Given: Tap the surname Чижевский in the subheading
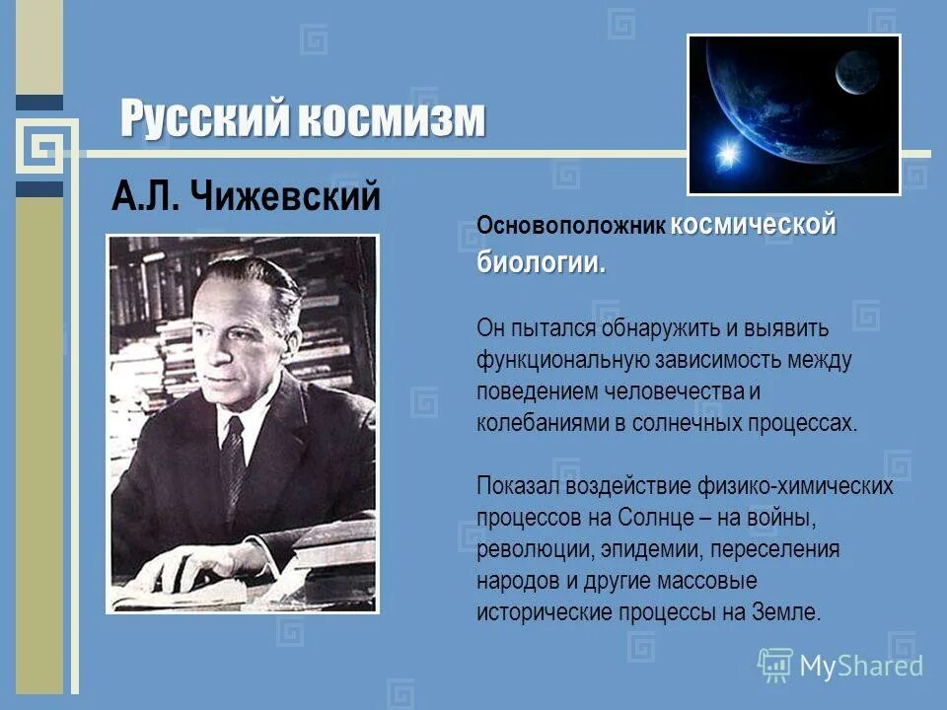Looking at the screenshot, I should tap(292, 198).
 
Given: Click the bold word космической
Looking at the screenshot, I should tap(754, 224).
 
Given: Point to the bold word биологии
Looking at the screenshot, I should tap(541, 262).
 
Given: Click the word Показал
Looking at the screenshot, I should tap(516, 486).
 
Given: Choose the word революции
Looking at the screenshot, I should tap(527, 549).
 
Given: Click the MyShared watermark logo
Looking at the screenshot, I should tap(839, 666).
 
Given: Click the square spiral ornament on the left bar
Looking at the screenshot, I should tap(40, 149).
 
